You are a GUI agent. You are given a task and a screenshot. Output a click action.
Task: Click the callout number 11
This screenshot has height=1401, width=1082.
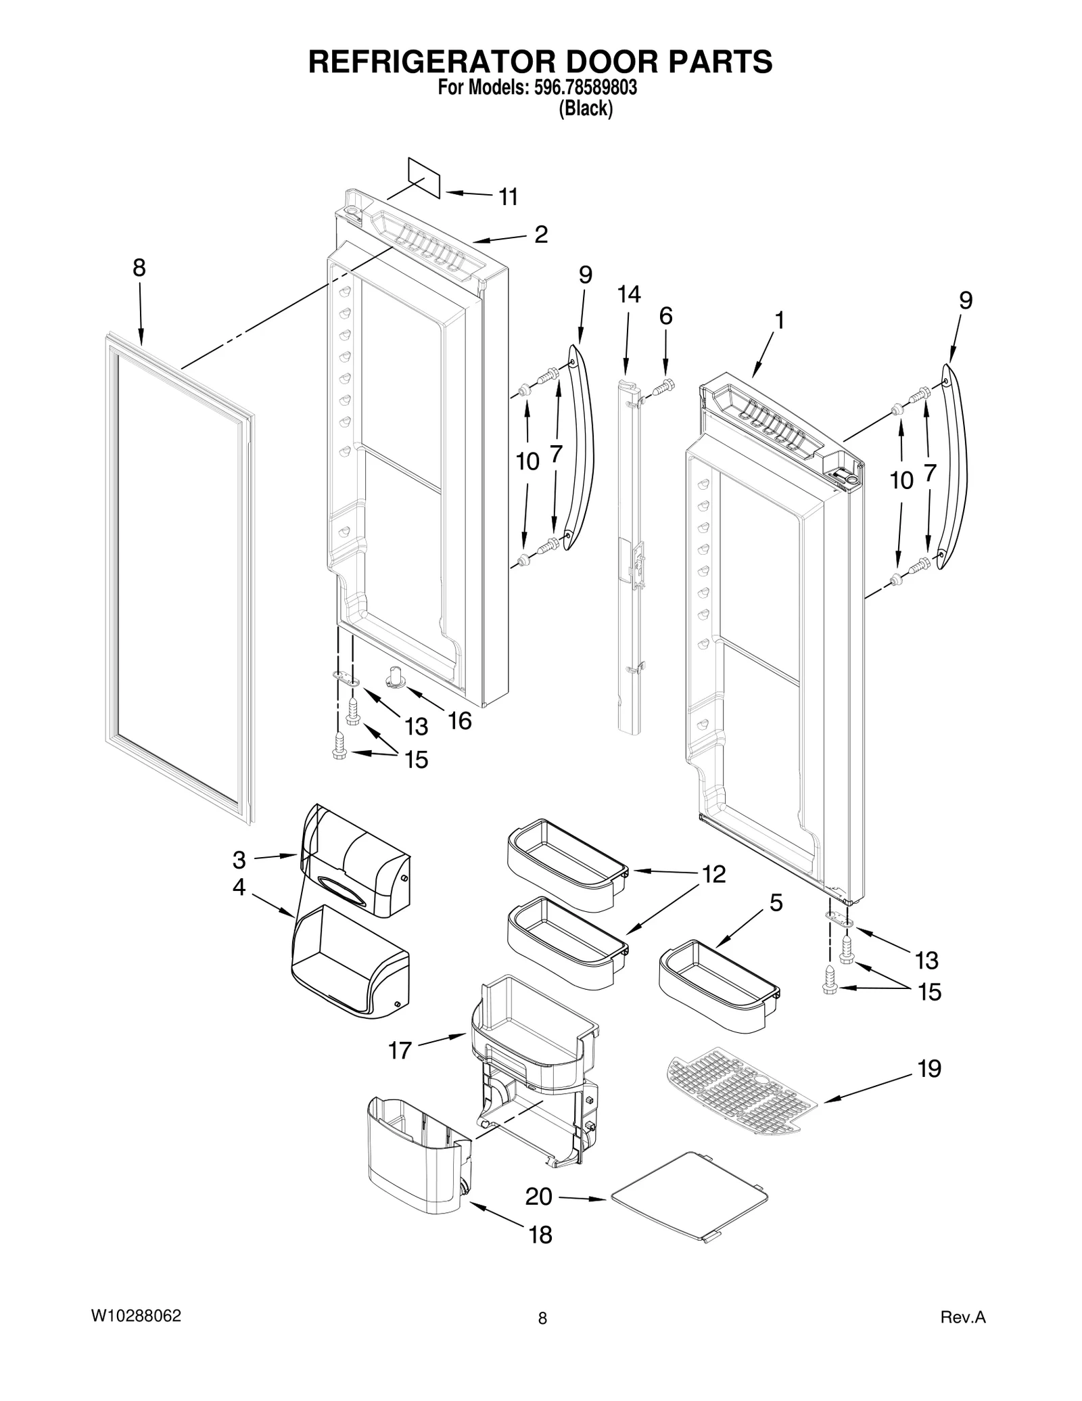[x=508, y=197]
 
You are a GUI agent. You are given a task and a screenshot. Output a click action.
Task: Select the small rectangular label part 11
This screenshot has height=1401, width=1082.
[x=424, y=178]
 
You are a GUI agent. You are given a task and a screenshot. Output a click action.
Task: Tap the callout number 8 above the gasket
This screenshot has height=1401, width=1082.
[x=139, y=269]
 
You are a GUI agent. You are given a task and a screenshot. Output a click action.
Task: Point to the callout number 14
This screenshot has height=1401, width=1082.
[x=628, y=294]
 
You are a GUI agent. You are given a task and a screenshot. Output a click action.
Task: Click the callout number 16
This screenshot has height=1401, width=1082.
[x=459, y=721]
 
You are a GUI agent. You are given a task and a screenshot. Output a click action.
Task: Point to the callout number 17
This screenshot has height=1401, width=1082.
[x=400, y=1051]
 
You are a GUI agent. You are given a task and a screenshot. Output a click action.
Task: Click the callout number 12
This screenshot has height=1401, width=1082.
[x=713, y=874]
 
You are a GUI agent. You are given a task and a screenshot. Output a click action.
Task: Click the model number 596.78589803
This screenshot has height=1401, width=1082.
[x=586, y=88]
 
